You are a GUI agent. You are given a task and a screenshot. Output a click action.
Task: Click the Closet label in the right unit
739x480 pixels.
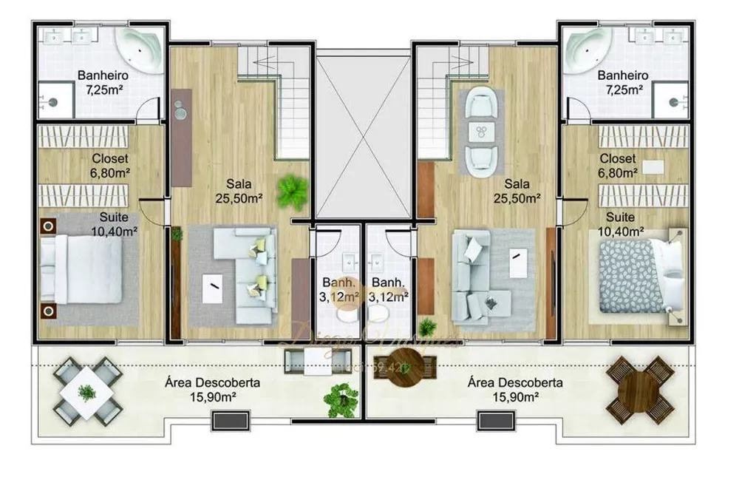[x=618, y=159]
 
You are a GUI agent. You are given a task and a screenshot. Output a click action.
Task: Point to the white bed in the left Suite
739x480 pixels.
[x=81, y=270]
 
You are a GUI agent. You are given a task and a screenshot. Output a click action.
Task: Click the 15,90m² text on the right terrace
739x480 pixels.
[x=514, y=397]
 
